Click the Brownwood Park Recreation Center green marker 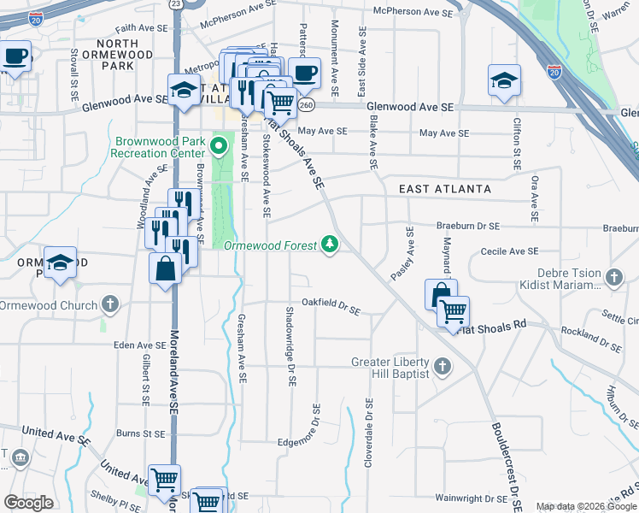(218, 145)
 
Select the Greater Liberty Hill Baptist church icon (442, 368)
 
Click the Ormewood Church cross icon (109, 304)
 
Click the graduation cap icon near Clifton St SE (503, 82)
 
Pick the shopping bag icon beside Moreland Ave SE (165, 270)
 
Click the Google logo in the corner (28, 503)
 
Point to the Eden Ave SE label (137, 345)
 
